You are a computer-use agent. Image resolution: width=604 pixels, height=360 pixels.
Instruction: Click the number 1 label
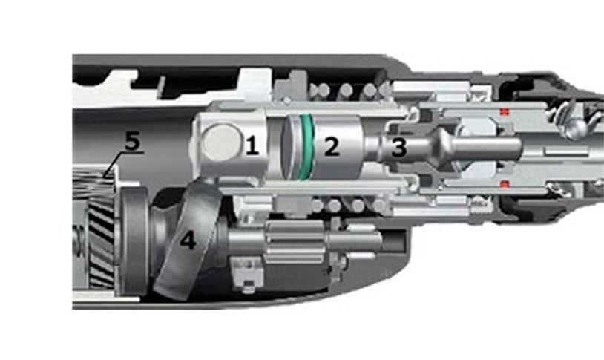coord(252,145)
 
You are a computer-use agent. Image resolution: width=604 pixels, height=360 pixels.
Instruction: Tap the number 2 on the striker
coord(332,146)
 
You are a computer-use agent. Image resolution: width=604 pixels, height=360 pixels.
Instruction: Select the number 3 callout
coord(399,147)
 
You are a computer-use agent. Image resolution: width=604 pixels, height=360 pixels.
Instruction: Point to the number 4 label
coord(188,240)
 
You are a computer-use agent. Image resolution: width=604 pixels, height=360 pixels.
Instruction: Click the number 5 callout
coord(132,141)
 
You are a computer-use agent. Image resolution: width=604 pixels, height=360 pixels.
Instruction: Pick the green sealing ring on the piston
coord(306,146)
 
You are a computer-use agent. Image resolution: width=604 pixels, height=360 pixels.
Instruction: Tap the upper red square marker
coord(505,112)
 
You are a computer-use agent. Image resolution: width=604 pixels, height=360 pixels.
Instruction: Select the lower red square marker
coord(505,184)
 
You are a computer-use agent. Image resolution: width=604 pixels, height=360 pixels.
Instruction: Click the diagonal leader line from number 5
coord(114,165)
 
